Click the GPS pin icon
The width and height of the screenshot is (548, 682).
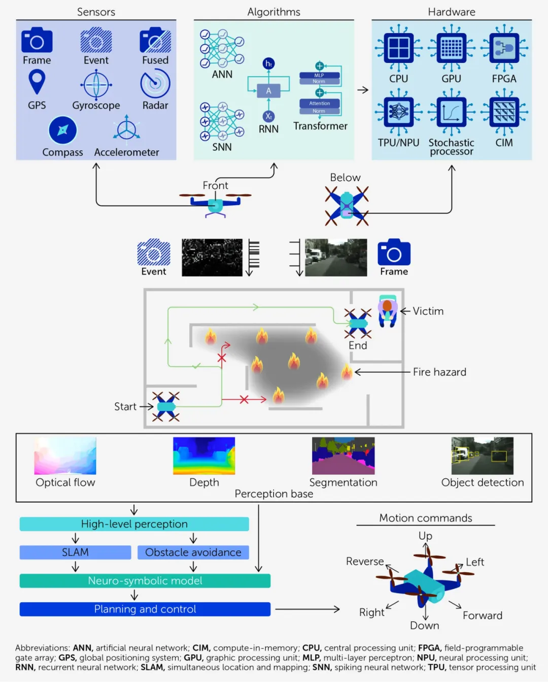tap(37, 82)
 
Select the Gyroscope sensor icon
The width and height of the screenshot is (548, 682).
tap(96, 84)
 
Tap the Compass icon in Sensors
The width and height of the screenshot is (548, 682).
tap(62, 131)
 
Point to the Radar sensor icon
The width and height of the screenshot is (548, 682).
tap(155, 84)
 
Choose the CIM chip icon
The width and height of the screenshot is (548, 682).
tap(504, 112)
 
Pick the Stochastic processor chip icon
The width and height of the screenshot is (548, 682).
tap(451, 112)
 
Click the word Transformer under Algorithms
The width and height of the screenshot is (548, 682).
tap(320, 126)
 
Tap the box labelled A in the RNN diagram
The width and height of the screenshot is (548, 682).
tap(268, 91)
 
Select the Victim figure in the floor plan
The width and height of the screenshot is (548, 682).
tap(388, 309)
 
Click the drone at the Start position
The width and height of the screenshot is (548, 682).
tap(166, 406)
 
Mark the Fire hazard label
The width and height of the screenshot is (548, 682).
tap(439, 372)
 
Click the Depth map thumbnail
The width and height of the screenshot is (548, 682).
tap(204, 456)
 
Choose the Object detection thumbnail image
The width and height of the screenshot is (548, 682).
tap(482, 456)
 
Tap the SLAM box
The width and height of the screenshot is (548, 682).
tap(75, 553)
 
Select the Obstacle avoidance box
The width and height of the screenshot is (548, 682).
tap(193, 553)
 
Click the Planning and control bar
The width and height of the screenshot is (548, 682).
tap(145, 609)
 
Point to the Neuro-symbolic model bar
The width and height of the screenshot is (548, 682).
tap(145, 581)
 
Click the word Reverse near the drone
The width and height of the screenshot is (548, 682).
tap(365, 561)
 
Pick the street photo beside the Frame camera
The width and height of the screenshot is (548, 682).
tap(335, 257)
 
